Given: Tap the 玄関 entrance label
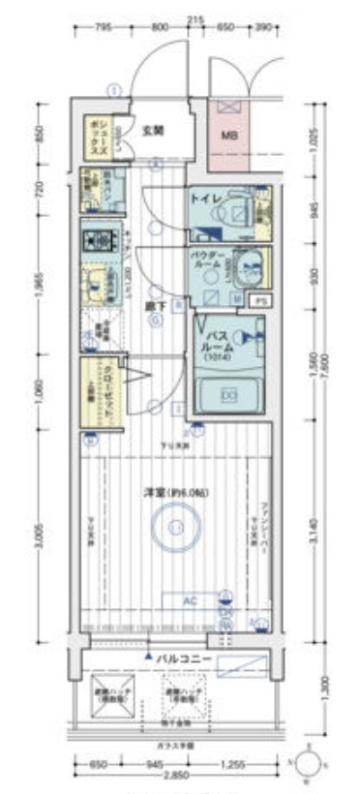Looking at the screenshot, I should click(151, 130).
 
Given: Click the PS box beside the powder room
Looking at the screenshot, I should click(258, 301).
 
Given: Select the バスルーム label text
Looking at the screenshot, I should click(215, 342).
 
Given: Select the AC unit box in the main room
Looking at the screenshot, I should click(191, 600).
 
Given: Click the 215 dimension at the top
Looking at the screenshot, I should click(197, 19).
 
